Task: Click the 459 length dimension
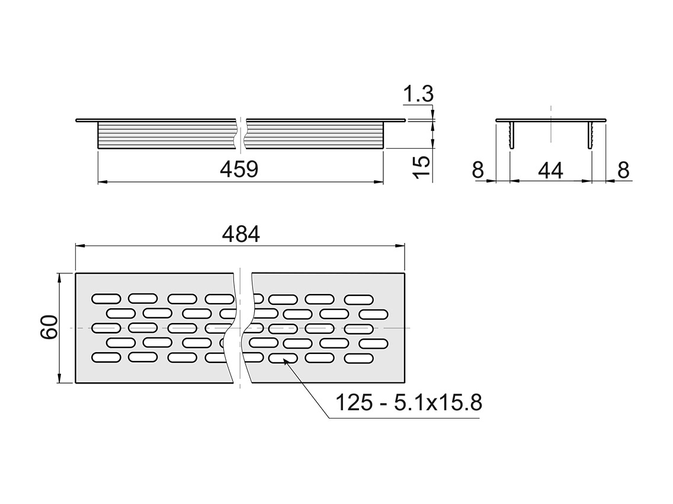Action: point(239,170)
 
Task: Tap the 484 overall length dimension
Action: point(241,235)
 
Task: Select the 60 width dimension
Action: point(49,327)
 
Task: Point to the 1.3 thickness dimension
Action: point(418,94)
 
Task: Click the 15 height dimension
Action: point(422,168)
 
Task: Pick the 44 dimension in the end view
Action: point(550,171)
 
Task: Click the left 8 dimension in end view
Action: point(477,170)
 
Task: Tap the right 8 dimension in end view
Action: point(624,170)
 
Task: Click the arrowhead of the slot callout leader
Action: point(284,363)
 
